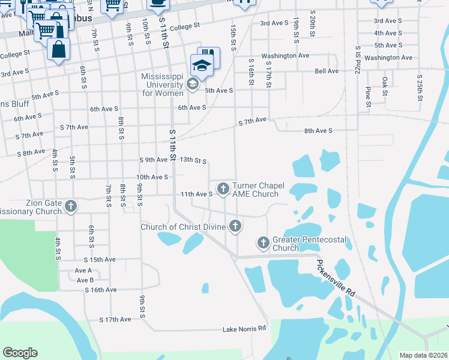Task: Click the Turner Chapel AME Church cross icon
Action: [223, 189]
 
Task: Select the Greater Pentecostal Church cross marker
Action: [263, 243]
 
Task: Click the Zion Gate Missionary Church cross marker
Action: [71, 207]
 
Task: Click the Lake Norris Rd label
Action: [244, 329]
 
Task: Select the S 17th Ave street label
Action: [115, 320]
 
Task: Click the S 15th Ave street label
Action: [99, 259]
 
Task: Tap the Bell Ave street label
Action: [327, 71]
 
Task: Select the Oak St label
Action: [384, 86]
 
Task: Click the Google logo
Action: [20, 353]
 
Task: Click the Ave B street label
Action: [84, 280]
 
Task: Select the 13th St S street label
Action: [193, 161]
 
